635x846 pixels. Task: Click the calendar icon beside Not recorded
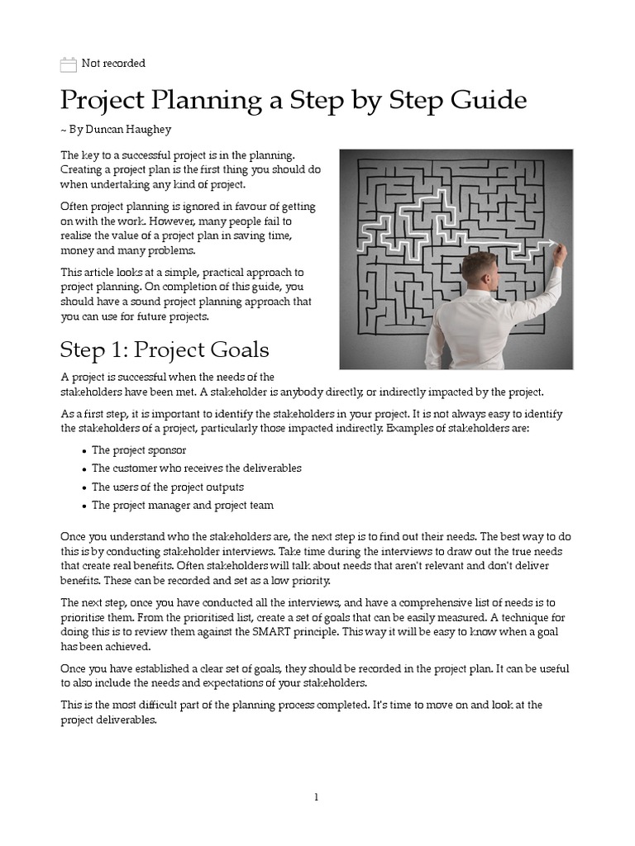69,64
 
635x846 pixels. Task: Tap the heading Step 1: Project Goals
165,349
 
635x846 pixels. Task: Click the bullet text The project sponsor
139,450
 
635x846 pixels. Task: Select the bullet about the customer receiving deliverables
196,468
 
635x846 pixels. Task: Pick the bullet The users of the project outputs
167,487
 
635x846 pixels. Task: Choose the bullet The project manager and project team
182,505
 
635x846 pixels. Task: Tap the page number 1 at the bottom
317,797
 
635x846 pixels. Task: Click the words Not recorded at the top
113,64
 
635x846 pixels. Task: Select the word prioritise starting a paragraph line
84,617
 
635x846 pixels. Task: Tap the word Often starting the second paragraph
77,207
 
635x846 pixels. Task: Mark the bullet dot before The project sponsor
84,451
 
